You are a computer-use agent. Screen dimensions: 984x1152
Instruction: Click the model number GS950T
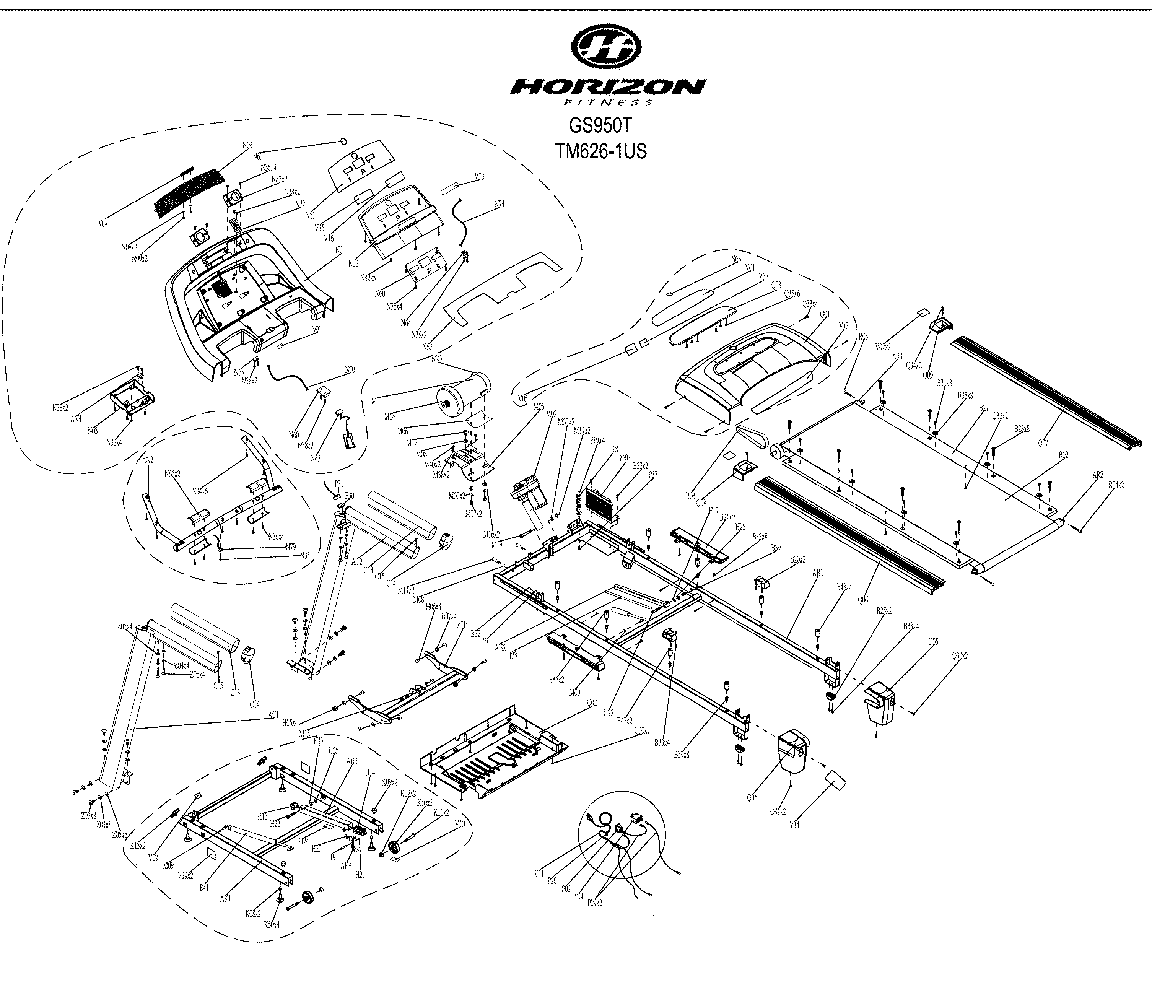tap(600, 126)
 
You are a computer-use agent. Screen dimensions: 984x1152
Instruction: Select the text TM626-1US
tap(601, 151)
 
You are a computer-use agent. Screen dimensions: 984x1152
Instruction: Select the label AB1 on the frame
tap(817, 573)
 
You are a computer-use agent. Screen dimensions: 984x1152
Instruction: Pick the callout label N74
tap(499, 204)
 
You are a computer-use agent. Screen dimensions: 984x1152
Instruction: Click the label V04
tap(103, 223)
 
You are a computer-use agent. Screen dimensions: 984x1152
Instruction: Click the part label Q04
tap(752, 798)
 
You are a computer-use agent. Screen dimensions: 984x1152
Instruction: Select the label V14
tap(794, 825)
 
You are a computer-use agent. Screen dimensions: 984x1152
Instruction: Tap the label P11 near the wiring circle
tap(539, 873)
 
